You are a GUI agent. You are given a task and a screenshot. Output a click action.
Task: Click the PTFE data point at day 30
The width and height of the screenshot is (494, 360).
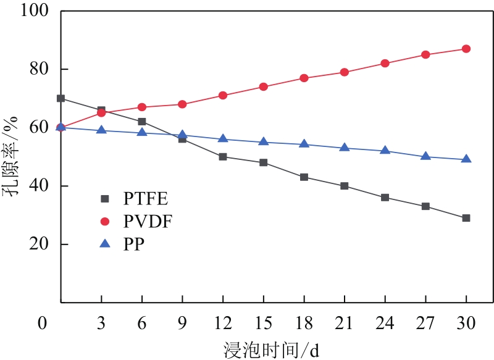pos(466,218)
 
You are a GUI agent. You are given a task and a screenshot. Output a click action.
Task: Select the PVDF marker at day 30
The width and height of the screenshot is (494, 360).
pos(466,49)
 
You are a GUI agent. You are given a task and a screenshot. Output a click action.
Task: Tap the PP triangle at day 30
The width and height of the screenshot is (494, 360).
pos(466,159)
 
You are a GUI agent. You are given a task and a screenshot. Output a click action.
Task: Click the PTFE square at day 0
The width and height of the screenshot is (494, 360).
pos(61,98)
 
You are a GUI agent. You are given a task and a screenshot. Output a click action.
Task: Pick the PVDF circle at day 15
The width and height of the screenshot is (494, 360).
pos(263,87)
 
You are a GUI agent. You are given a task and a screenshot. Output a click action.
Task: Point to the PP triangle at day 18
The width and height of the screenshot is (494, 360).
pos(304,144)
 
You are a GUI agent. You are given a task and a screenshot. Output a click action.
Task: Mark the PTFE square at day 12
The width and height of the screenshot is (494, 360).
pos(223,157)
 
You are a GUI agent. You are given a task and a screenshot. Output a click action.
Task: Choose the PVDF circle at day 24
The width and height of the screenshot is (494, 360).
pos(385,64)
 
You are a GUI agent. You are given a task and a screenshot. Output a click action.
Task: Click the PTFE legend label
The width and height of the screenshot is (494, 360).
pos(146,199)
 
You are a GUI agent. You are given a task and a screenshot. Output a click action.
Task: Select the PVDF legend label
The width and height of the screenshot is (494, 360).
pos(148,221)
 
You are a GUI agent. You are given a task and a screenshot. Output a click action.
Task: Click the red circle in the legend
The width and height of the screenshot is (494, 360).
pos(104,221)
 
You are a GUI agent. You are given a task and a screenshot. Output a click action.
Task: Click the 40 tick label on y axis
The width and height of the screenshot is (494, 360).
pos(41,186)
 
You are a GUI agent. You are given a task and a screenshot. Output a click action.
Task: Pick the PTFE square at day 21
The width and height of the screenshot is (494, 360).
pos(345,186)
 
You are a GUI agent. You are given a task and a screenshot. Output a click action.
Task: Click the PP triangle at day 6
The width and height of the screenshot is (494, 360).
pos(142,133)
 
